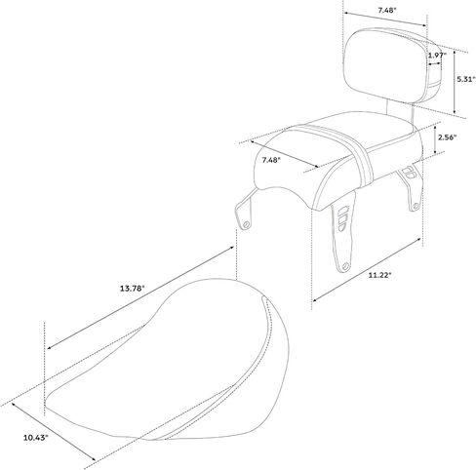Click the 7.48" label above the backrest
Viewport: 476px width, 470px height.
coord(387,10)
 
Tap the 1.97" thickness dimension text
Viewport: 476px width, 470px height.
coord(437,56)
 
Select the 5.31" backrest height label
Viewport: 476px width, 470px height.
coord(466,79)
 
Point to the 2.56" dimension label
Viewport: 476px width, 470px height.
coord(447,137)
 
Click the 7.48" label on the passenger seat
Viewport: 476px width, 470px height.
coord(271,160)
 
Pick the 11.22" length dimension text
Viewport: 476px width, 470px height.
coord(379,275)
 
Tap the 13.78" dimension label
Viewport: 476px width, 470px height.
coord(132,288)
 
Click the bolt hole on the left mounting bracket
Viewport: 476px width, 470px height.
coord(247,224)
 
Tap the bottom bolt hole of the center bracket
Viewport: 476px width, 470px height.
coord(345,267)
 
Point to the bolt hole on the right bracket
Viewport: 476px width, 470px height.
coord(416,206)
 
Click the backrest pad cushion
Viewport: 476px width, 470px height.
coord(387,66)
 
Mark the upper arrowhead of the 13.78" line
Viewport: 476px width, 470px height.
coord(232,248)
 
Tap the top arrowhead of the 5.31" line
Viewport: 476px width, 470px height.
coord(455,54)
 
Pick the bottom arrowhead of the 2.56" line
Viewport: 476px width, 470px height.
coord(435,152)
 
